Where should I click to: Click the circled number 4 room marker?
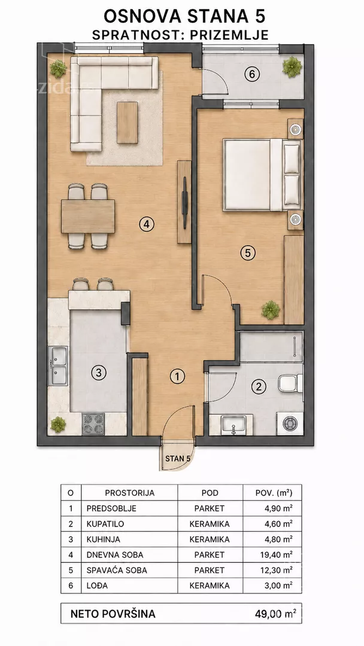coord(146,224)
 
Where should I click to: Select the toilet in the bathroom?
coord(290,383)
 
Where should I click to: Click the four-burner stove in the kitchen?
coord(93,423)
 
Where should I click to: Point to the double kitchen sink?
coord(58,366)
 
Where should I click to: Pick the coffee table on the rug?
coord(127,123)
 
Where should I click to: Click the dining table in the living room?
coord(88,217)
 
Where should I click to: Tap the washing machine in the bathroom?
coord(290,423)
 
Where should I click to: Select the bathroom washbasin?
coord(233,424)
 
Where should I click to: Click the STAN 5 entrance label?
coord(178,458)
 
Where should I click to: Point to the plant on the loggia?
coord(292,66)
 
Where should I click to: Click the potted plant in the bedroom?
coord(271,309)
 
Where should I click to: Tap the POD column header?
coord(210,493)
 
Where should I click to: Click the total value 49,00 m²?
coord(276,614)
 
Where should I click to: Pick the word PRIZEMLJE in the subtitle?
coord(229,35)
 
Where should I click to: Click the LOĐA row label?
coord(97,585)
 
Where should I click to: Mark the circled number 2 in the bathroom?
coord(259,386)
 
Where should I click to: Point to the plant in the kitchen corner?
coord(57,424)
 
